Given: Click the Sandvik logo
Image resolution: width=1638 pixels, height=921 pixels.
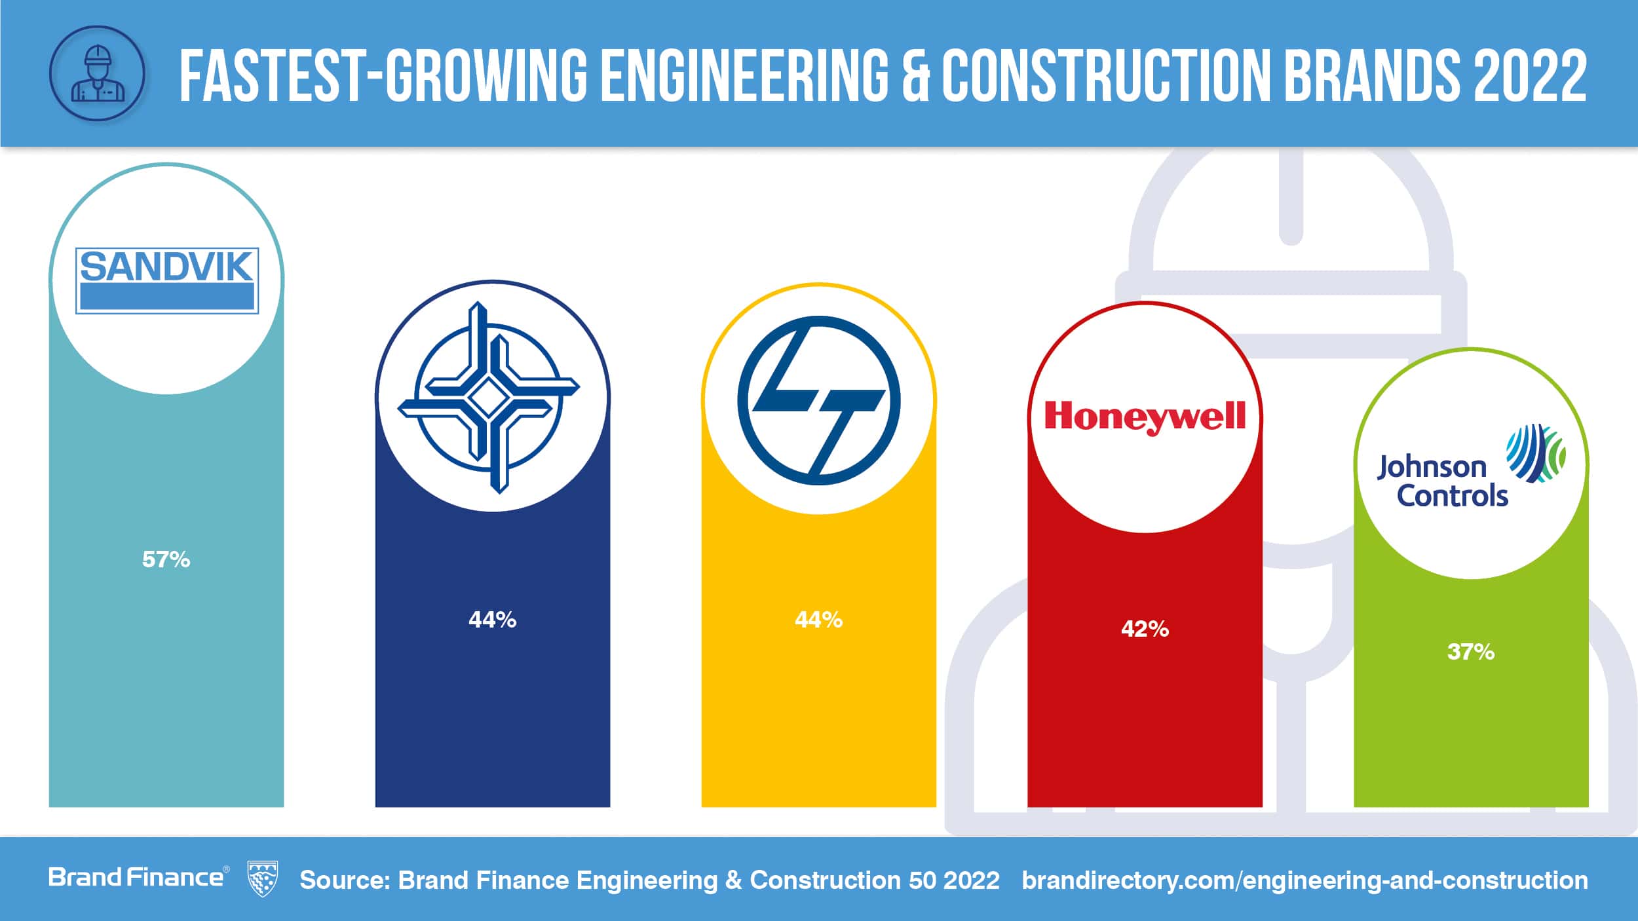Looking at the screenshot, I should (167, 280).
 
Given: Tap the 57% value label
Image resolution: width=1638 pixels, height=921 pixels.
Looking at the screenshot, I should (166, 559).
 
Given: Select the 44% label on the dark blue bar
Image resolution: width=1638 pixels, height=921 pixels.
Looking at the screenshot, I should (492, 620).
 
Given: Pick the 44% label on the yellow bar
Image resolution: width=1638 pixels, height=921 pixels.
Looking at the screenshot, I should (818, 620).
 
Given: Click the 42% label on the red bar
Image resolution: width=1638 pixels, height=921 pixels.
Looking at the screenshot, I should (1145, 630).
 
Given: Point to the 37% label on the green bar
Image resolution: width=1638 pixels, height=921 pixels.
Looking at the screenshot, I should (1471, 652).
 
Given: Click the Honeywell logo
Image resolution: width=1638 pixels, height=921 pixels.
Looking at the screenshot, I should (1145, 417).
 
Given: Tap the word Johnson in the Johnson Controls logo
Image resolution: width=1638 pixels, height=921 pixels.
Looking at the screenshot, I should (1431, 468).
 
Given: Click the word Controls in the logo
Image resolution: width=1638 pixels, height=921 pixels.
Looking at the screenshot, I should (1453, 496).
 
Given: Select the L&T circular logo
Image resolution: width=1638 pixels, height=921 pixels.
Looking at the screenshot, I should (818, 400).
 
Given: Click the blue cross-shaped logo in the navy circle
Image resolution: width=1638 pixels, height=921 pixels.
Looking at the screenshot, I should (488, 398).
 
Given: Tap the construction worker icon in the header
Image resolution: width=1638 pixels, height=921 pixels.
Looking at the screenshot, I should (97, 73).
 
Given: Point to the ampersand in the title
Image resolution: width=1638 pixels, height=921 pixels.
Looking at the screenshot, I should (915, 75).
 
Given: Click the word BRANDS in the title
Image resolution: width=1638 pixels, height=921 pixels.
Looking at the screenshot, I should (1372, 75).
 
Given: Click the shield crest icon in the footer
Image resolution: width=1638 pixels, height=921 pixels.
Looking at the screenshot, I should (263, 879).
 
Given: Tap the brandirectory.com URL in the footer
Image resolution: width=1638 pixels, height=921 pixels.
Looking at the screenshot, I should (1304, 880).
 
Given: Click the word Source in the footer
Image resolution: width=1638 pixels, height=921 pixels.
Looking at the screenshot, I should (345, 880).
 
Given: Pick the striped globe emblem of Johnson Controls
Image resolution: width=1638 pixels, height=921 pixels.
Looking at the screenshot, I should (1535, 453).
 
